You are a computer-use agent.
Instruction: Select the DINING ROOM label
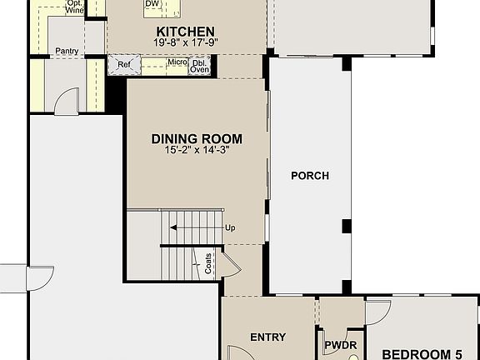[x=197, y=139]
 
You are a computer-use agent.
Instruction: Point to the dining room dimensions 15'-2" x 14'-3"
[x=197, y=151]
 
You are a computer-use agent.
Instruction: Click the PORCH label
[x=309, y=176]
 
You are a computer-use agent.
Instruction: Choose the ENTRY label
[x=267, y=337]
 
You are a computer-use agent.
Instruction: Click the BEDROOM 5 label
[x=421, y=352]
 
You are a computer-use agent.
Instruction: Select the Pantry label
[x=67, y=51]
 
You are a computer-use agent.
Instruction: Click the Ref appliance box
[x=123, y=63]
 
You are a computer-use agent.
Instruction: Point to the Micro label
[x=176, y=62]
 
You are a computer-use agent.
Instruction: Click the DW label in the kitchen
[x=152, y=4]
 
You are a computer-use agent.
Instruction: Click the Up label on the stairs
[x=230, y=227]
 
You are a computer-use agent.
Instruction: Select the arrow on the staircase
[x=192, y=227]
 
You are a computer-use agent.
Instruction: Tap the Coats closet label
[x=207, y=264]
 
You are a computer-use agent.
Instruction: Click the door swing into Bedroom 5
[x=377, y=312]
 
